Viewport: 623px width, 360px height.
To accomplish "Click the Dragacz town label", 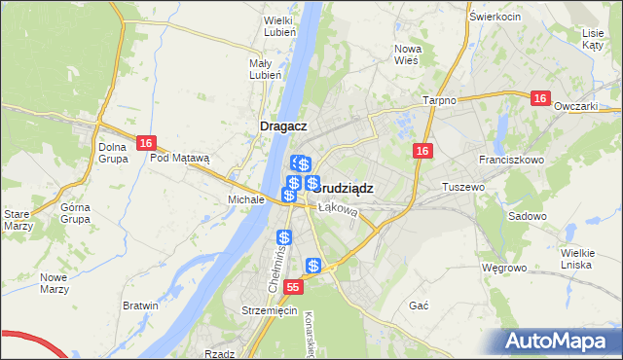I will [x=284, y=126].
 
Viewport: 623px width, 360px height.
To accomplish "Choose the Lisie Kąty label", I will [x=593, y=39].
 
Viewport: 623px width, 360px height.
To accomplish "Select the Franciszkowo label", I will [x=509, y=159].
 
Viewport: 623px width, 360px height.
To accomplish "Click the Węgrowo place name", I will [x=503, y=267].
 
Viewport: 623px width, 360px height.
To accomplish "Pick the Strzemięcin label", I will [x=269, y=310].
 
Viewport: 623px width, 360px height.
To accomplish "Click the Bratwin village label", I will [x=140, y=306].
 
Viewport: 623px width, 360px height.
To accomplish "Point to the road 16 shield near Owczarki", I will [x=542, y=98].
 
